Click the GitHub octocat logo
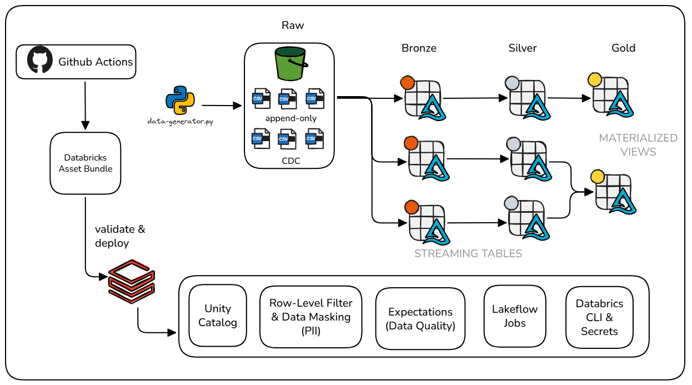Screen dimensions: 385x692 41,61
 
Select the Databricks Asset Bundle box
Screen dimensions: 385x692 85,163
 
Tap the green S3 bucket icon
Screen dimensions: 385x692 289,64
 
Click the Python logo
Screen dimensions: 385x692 180,101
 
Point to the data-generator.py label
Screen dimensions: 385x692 180,121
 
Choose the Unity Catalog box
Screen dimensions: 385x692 218,316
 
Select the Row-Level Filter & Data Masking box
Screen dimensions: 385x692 310,317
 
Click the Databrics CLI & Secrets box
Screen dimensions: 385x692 599,317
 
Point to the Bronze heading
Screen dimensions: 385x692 419,48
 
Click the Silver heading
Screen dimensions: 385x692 523,48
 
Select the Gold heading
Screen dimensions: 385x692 623,48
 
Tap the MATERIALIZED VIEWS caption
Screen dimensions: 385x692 638,144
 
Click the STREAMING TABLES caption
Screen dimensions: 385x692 468,253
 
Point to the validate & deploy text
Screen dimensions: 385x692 119,236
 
